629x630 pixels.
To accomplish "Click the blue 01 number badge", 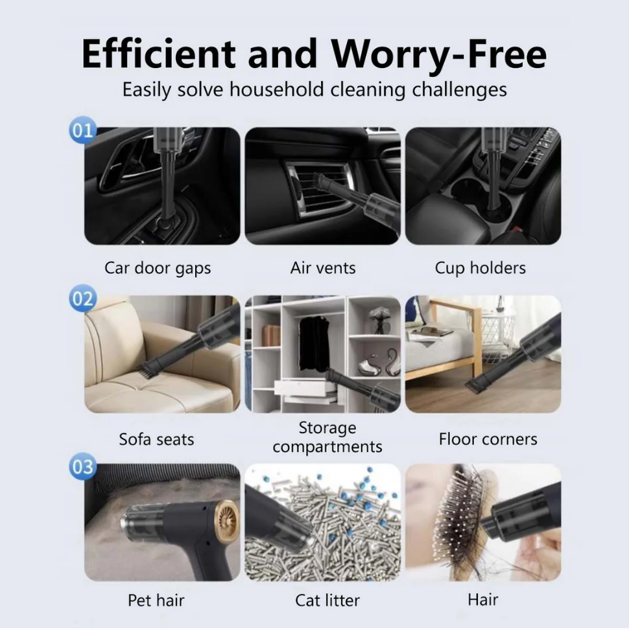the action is pos(82,129).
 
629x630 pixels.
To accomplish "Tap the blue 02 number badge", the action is pos(82,298).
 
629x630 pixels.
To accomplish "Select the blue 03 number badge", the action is pos(82,466).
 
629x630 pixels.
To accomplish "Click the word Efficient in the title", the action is pos(159,54).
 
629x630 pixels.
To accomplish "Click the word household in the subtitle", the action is pos(276,89).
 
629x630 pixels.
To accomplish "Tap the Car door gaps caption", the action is pos(158,269).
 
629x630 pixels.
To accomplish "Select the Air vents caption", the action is pos(323,268).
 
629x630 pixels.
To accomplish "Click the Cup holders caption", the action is pos(480,269).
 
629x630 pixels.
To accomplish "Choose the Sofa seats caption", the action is pos(156,439).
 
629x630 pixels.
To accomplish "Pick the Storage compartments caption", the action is pos(327,438).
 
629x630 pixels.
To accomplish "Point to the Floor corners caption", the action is pos(488,439).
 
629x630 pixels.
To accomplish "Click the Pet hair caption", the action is pos(156,600).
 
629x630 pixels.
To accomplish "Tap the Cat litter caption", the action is pos(327,600).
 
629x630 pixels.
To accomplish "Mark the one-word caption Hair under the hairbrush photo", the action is pos(483,600).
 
